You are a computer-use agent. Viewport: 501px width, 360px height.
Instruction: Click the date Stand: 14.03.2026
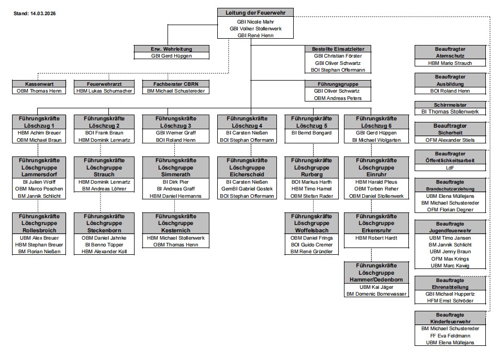[35, 13]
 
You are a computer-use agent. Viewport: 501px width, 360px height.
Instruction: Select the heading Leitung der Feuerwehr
[255, 13]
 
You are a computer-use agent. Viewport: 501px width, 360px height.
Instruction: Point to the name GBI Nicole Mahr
[255, 22]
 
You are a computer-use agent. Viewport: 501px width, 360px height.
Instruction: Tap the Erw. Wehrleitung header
[171, 49]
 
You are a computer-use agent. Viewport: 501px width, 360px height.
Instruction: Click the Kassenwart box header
[39, 84]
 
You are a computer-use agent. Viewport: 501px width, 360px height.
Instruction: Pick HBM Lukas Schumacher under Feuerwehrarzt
[104, 91]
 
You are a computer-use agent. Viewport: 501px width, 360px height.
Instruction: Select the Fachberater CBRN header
[176, 84]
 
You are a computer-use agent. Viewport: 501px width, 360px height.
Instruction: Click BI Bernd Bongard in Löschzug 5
[311, 133]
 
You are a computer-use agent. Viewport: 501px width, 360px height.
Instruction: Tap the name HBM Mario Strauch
[450, 63]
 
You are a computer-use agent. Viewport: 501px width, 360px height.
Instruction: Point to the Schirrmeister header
[450, 105]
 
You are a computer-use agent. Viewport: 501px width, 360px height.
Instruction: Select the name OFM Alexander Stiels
[450, 140]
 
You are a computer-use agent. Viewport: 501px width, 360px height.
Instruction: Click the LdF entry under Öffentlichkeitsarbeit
[450, 167]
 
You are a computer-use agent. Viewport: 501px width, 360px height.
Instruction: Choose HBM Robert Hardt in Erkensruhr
[376, 238]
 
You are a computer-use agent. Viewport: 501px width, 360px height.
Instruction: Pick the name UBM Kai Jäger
[376, 287]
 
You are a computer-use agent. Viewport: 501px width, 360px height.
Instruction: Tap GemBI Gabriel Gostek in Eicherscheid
[247, 189]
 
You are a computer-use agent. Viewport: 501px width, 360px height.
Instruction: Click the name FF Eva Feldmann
[450, 335]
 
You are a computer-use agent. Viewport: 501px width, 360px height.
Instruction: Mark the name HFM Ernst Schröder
[450, 301]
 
